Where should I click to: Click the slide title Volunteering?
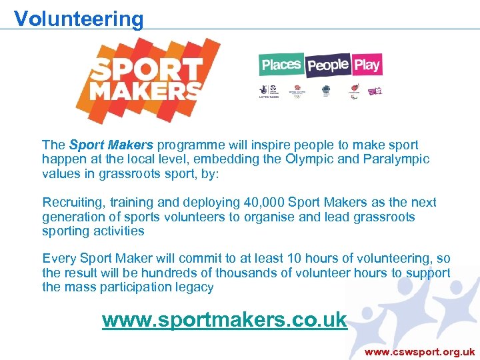click(79, 18)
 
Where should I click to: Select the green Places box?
click(281, 65)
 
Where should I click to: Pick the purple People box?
click(328, 65)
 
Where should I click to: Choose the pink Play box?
click(367, 65)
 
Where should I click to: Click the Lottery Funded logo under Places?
click(267, 91)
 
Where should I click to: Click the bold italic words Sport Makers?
click(111, 145)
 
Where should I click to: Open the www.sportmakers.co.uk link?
click(224, 320)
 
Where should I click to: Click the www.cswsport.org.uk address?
click(420, 351)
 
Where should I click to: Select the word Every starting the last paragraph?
click(57, 259)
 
